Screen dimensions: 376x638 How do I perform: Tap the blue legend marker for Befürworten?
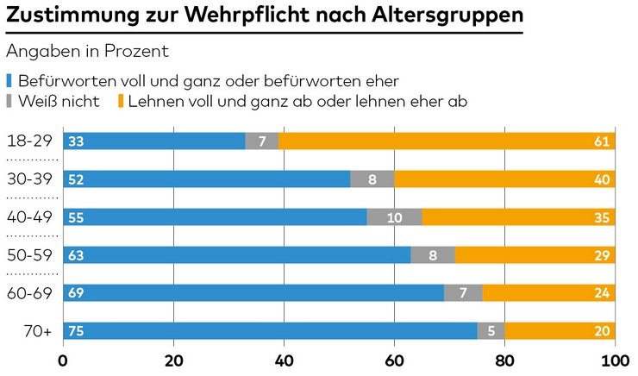[x=9, y=82]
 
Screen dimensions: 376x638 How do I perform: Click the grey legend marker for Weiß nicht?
[x=9, y=103]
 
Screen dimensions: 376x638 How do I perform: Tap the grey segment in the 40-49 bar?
[x=394, y=217]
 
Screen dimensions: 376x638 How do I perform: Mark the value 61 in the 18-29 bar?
[x=603, y=141]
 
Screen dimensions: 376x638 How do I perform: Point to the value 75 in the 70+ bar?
[x=77, y=331]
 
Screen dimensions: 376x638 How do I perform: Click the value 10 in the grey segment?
[x=394, y=217]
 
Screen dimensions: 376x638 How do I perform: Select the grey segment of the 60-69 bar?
[x=463, y=293]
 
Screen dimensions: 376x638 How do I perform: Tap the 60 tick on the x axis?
[x=394, y=360]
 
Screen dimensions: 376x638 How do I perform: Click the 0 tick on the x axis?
[x=63, y=360]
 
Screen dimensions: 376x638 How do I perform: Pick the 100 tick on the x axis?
[x=614, y=360]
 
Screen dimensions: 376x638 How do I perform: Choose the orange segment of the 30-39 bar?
[x=504, y=179]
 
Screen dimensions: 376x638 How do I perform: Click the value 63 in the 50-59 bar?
[x=77, y=255]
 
